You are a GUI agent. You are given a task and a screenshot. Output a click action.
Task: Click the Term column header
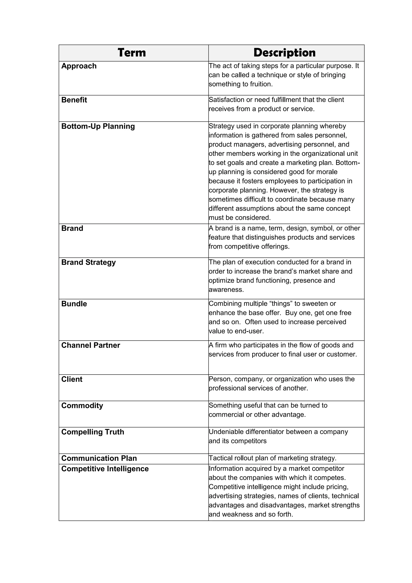(132, 53)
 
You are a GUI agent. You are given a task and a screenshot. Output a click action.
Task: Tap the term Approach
(79, 66)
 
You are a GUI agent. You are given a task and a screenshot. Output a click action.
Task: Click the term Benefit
(74, 100)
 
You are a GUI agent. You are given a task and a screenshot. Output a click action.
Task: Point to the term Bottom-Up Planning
(98, 127)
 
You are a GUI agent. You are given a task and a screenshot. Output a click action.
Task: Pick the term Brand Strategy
(88, 262)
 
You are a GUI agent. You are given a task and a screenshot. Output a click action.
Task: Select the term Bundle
(74, 304)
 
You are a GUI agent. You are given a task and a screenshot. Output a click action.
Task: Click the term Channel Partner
(91, 345)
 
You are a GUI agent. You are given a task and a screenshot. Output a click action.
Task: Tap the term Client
(72, 379)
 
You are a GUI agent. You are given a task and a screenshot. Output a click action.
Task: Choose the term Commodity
(82, 406)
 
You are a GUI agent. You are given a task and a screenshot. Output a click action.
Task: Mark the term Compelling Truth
(93, 432)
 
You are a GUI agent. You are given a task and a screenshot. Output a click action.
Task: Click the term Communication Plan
(99, 458)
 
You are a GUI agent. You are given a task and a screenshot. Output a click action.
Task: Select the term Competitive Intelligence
(105, 469)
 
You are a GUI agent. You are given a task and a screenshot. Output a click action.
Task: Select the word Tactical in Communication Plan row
(220, 458)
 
